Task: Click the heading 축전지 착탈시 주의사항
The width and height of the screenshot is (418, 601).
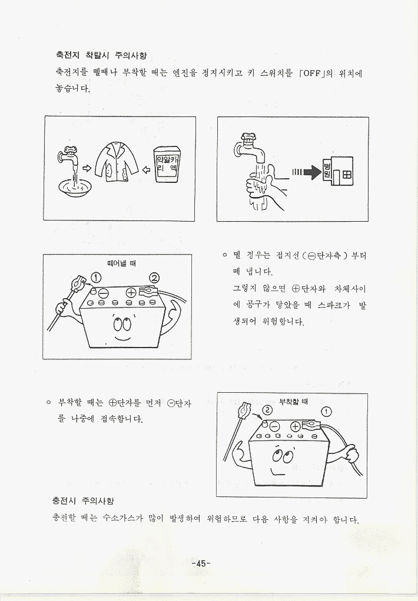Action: (x=101, y=56)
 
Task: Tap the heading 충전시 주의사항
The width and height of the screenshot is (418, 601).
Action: (x=83, y=500)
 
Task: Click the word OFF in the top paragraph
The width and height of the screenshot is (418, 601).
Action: (x=311, y=73)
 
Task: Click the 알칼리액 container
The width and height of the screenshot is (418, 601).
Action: (x=167, y=165)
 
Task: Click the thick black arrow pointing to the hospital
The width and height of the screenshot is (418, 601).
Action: (x=311, y=172)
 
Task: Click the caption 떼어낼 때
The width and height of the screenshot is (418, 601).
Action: (x=121, y=263)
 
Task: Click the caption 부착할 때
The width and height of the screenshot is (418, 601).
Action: (x=293, y=401)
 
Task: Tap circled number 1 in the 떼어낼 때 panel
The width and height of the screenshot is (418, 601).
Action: (x=96, y=277)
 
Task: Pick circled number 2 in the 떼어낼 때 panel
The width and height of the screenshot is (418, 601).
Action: (x=154, y=278)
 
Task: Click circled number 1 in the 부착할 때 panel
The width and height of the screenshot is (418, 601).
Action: (x=326, y=412)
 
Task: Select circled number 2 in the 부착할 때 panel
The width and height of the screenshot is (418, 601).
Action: (x=267, y=410)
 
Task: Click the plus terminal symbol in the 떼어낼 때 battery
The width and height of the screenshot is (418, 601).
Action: (x=131, y=292)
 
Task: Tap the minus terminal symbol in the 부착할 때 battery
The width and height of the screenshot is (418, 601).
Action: (x=275, y=426)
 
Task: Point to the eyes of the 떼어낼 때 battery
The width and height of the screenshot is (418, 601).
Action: (x=122, y=325)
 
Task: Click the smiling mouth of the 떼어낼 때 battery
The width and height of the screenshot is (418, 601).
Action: (x=123, y=339)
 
